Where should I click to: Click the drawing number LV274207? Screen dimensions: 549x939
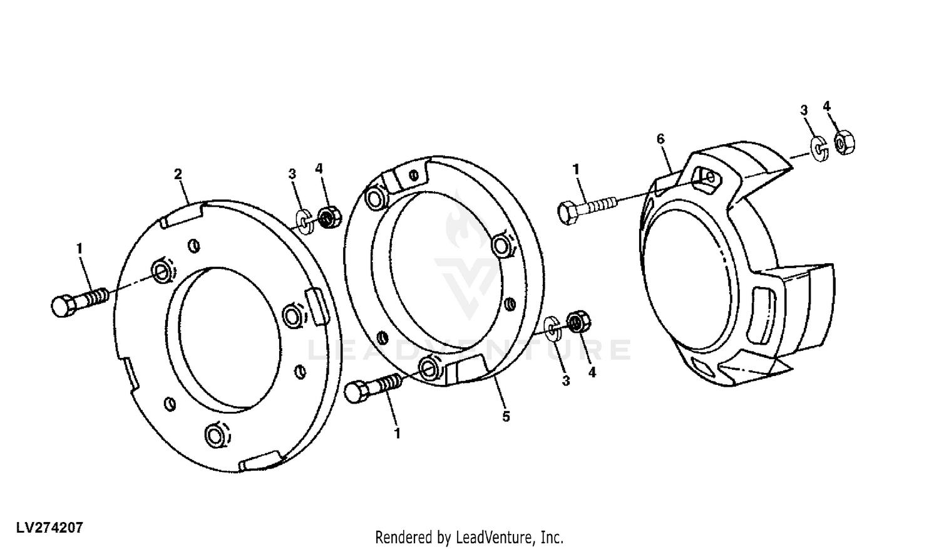[x=49, y=528]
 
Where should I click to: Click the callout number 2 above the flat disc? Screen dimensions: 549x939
[x=178, y=174]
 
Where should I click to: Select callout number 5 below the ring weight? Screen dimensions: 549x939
[x=506, y=416]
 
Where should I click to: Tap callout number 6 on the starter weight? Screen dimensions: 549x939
[x=660, y=139]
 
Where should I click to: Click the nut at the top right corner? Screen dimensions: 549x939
[x=844, y=142]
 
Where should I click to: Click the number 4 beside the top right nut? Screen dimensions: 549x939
[x=826, y=107]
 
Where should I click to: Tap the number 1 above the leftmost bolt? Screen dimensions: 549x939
[x=80, y=249]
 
